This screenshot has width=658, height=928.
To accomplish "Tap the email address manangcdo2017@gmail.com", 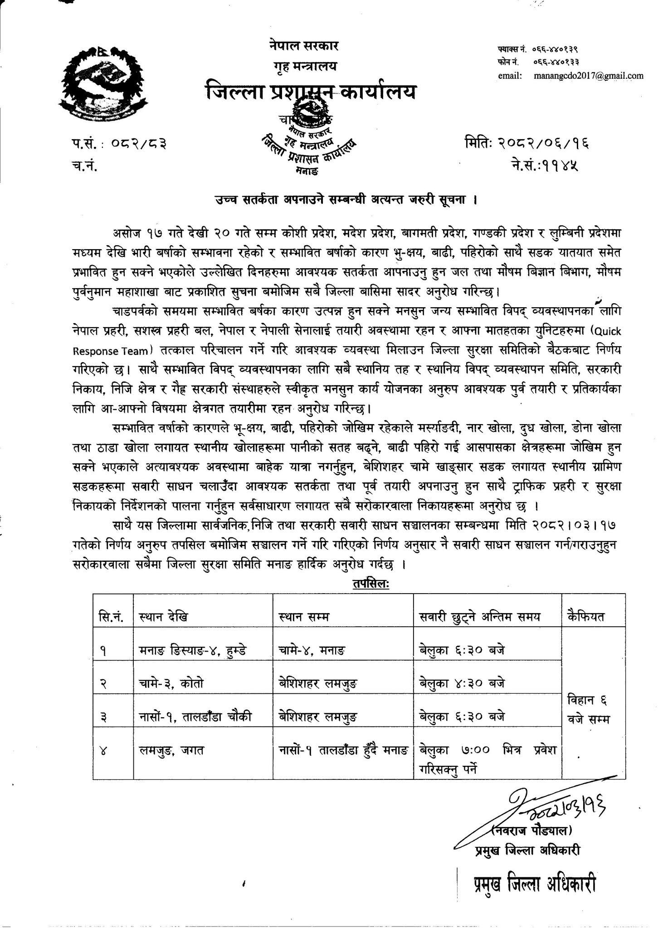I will [x=589, y=75].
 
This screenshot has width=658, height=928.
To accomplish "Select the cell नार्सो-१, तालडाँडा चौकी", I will [x=194, y=717].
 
